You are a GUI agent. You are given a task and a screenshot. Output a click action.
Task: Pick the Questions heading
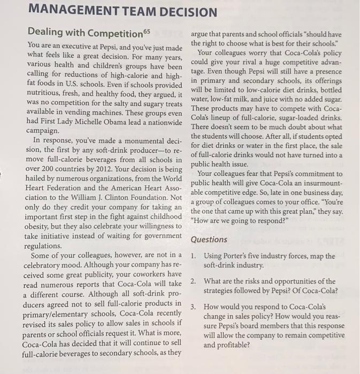click(209, 239)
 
